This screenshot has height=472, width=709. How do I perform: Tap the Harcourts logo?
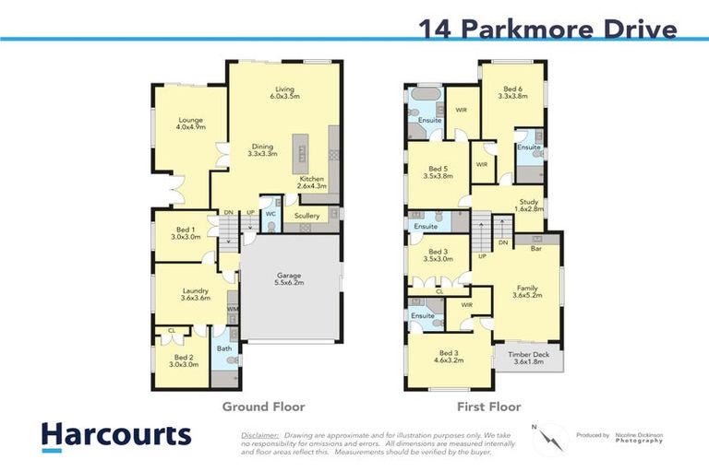point(115,435)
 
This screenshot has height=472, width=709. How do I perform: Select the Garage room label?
point(290,279)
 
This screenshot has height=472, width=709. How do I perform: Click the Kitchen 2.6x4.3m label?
point(312,183)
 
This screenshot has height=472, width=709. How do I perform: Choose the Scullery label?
point(306,216)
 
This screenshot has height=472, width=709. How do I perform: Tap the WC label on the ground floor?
point(271,214)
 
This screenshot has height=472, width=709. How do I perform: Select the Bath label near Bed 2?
point(224,348)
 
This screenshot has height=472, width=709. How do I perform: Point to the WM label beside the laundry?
point(233,309)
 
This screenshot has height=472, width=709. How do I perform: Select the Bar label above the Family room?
point(535,248)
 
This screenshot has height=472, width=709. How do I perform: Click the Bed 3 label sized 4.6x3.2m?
point(450,358)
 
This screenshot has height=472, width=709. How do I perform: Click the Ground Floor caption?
point(263,407)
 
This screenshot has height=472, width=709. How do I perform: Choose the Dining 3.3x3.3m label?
point(262,150)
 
